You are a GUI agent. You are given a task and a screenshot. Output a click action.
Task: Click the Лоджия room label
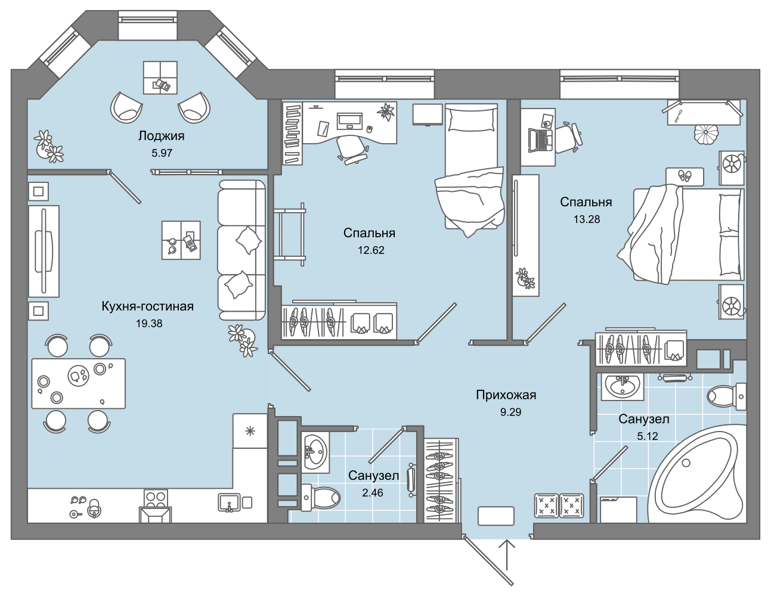pyautogui.click(x=161, y=136)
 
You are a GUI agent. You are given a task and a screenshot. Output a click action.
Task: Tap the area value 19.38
pyautogui.click(x=149, y=324)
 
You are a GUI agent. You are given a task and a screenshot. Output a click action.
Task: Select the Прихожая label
pyautogui.click(x=506, y=395)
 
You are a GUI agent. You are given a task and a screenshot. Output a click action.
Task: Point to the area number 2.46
pyautogui.click(x=373, y=492)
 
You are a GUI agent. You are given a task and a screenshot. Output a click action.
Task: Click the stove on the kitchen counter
pyautogui.click(x=156, y=499)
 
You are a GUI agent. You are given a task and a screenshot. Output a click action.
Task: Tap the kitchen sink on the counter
pyautogui.click(x=230, y=502)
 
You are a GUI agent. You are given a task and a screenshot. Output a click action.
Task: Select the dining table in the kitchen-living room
pyautogui.click(x=78, y=383)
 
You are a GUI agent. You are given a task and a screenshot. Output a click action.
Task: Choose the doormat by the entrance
pyautogui.click(x=496, y=516)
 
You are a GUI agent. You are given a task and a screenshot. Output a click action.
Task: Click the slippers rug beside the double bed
pyautogui.click(x=685, y=176)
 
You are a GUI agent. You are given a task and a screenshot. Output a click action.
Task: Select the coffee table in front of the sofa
pyautogui.click(x=181, y=240)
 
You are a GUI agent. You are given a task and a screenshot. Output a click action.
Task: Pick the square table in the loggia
pyautogui.click(x=160, y=77)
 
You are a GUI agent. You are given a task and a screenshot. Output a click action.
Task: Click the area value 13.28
pyautogui.click(x=587, y=219)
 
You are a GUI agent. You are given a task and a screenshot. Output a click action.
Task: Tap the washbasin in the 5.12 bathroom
pyautogui.click(x=623, y=387)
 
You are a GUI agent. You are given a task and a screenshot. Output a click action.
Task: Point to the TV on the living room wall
pyautogui.click(x=44, y=250)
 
